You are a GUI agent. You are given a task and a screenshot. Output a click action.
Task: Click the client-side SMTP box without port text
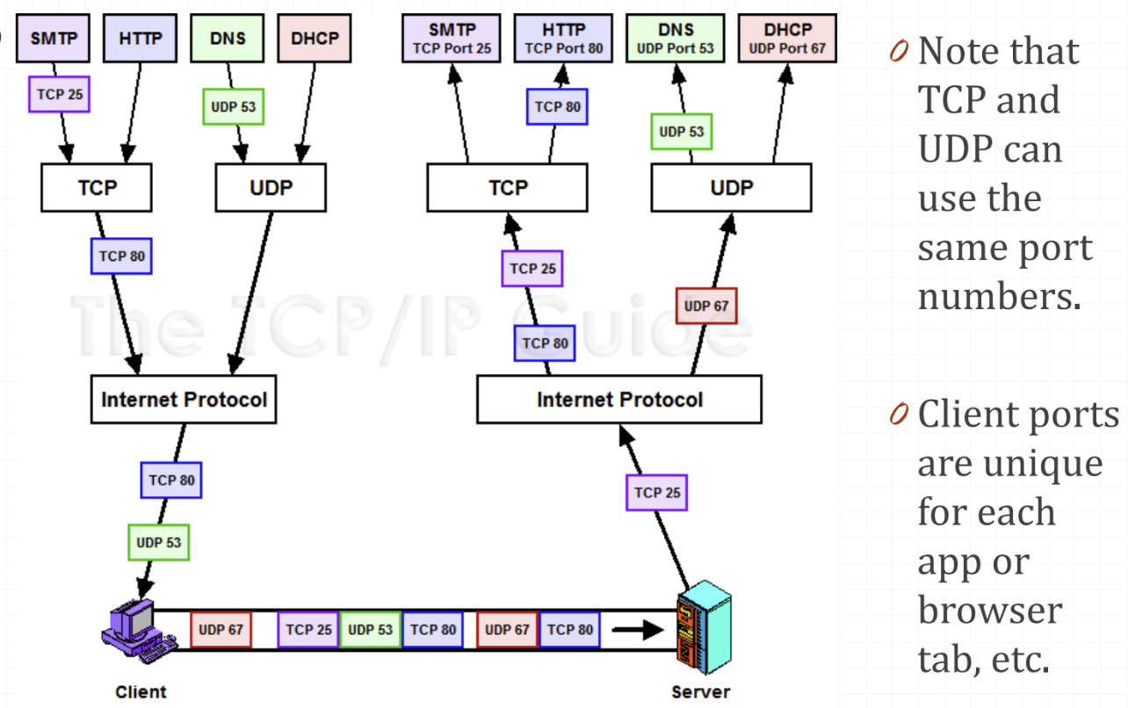point(53,40)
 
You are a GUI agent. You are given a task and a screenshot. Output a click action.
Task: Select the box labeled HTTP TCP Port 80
point(564,40)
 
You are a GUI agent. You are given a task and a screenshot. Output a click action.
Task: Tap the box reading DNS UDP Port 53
point(676,40)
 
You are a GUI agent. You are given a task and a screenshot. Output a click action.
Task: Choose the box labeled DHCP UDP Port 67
point(787,40)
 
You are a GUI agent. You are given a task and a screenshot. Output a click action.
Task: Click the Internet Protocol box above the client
point(184,400)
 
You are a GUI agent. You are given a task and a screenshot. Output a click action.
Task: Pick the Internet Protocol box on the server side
point(619,400)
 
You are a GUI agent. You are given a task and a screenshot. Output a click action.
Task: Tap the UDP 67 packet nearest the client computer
point(221,630)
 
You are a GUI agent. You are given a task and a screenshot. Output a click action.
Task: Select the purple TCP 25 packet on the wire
point(308,630)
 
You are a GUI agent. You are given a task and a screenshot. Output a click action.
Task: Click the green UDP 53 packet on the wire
point(371,630)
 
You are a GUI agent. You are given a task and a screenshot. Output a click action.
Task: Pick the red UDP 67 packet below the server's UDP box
point(706,307)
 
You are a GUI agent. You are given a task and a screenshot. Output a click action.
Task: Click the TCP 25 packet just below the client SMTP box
point(60,94)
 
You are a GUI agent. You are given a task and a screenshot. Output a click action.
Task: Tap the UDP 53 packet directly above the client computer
point(158,542)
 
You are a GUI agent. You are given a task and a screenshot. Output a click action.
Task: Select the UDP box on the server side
point(731,188)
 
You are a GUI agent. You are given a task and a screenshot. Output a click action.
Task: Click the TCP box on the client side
point(97,188)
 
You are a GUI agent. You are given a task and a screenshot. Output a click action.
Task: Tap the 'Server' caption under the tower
point(700,692)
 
